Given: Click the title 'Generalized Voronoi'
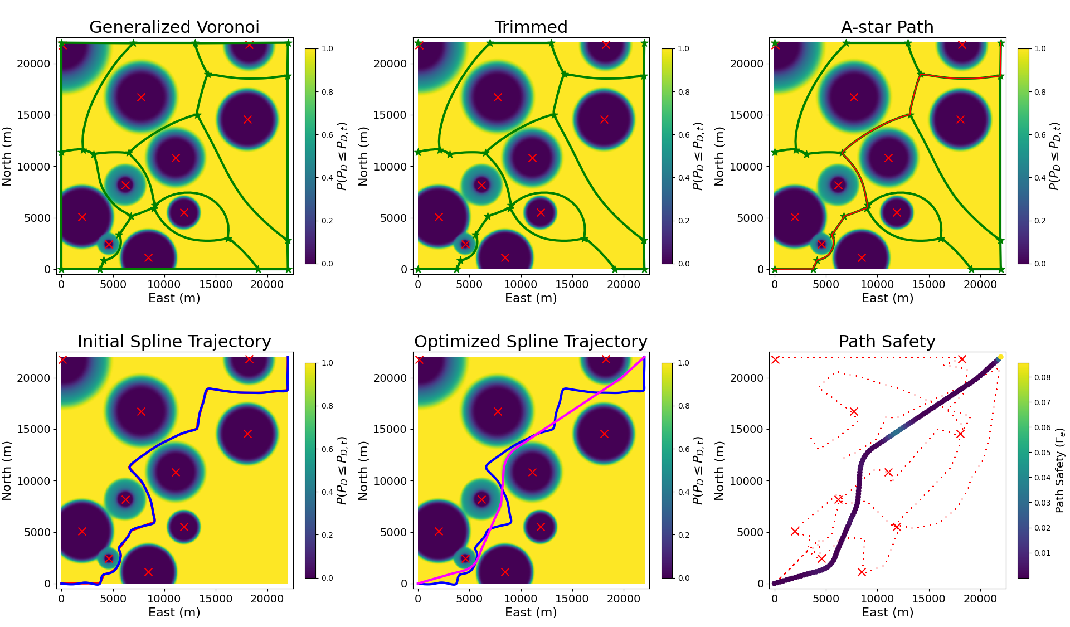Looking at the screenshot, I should point(174,27).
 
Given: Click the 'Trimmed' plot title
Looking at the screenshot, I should point(531,27).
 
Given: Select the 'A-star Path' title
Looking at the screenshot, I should point(887,27).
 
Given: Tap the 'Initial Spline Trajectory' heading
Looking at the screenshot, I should point(174,342).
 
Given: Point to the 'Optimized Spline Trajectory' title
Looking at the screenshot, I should point(531,342).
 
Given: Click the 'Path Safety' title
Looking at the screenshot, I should point(887,342).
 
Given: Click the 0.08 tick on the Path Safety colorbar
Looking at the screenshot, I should point(1042,377).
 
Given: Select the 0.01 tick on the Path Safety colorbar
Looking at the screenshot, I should point(1042,553).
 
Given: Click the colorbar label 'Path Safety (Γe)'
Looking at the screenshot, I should point(1060,470).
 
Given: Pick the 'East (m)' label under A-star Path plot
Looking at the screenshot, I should point(887,298).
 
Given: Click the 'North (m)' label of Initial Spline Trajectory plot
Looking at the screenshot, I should point(7,470).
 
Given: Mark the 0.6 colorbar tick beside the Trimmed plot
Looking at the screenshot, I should point(684,135).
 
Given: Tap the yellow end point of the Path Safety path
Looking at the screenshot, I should point(1000,357).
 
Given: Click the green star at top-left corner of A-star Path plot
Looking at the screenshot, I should point(775,43).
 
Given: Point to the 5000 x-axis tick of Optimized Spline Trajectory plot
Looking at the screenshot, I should point(469,599).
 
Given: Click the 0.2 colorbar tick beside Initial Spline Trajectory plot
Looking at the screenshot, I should point(328,535).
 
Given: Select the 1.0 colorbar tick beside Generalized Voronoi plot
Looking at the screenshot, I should point(328,48).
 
